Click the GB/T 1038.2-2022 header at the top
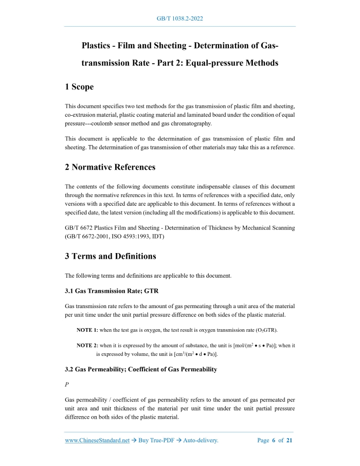pos(179,19)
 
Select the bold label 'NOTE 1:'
pos(87,330)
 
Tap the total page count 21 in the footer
pos(290,440)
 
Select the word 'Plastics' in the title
pos(99,46)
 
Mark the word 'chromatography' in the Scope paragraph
pos(199,123)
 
